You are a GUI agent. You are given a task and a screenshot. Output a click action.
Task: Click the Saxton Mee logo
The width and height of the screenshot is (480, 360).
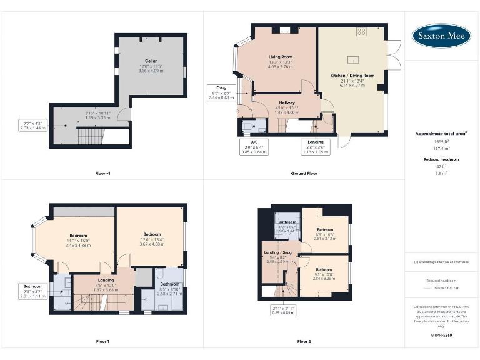[x=441, y=36]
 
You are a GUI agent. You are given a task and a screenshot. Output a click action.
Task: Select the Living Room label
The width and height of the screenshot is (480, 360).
[x=281, y=61]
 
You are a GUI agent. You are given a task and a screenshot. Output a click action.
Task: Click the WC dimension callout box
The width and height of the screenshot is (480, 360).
[x=254, y=147]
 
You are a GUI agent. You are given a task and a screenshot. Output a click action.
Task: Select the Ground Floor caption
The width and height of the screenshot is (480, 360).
[x=304, y=172]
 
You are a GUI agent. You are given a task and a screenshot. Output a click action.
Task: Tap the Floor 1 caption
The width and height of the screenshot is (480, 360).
[x=102, y=341]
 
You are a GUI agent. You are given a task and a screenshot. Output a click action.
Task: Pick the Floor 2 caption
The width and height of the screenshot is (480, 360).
[x=304, y=341]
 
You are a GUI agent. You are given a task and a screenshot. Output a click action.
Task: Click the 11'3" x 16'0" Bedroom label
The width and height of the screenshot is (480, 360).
[x=79, y=241]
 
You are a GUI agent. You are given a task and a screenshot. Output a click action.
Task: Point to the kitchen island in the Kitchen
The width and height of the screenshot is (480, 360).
[x=353, y=59]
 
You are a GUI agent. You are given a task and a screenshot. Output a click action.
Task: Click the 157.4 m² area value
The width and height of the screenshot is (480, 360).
[x=441, y=149]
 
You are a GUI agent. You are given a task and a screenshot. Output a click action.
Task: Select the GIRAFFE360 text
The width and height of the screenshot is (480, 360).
[x=441, y=336]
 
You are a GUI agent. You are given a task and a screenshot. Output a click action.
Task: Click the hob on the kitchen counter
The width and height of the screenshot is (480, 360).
[x=362, y=31]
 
